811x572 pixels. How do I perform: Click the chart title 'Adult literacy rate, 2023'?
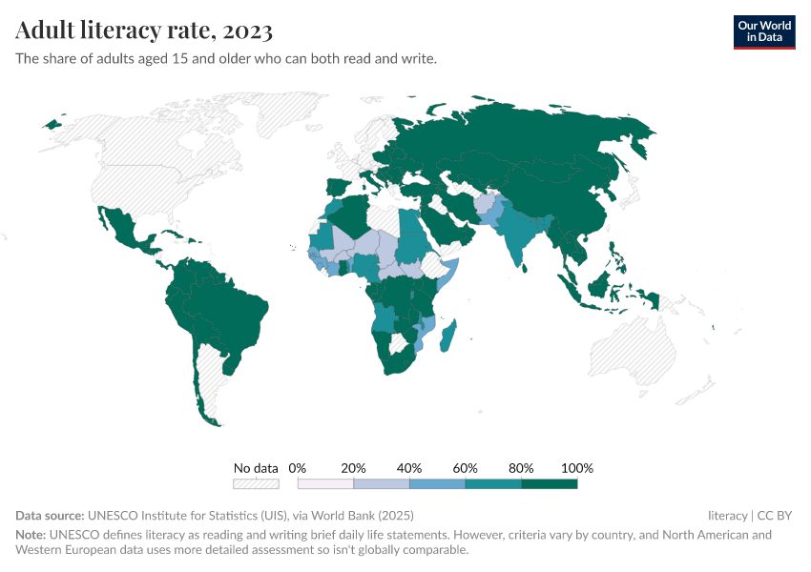point(144,31)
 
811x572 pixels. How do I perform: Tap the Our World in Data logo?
point(763,31)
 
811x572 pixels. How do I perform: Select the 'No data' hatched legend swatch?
point(256,484)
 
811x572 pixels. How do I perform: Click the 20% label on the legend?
point(353,468)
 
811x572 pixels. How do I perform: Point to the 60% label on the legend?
point(465,468)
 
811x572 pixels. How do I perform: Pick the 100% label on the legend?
point(577,468)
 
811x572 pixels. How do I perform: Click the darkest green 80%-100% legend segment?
point(549,484)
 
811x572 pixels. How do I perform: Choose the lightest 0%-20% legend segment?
point(325,484)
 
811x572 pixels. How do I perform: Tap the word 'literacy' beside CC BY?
point(727,516)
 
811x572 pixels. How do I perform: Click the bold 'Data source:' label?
point(50,516)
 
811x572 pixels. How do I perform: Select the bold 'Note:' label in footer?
point(31,535)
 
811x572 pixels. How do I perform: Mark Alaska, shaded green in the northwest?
point(52,124)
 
